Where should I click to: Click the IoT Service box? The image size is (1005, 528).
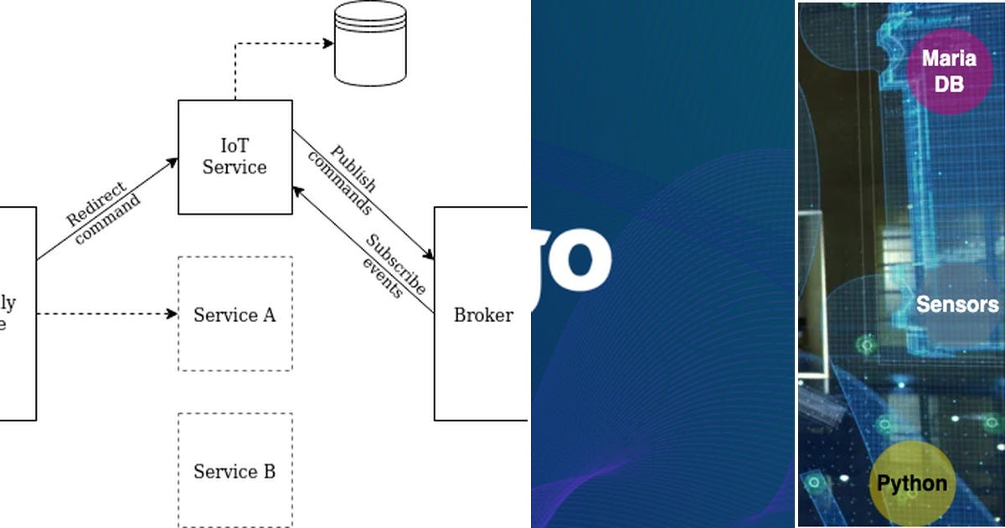click(x=234, y=157)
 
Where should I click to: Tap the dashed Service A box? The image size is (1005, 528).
click(x=234, y=313)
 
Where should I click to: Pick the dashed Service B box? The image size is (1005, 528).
click(x=234, y=470)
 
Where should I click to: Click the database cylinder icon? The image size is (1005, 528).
click(x=369, y=44)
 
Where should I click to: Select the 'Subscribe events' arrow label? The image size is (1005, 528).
click(x=389, y=267)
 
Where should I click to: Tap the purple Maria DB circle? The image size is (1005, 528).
click(x=949, y=71)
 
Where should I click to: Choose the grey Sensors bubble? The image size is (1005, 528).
click(x=957, y=303)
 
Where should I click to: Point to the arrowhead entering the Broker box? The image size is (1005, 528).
click(x=429, y=256)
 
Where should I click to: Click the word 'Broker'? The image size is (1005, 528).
click(x=482, y=315)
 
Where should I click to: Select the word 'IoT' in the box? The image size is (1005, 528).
click(x=234, y=147)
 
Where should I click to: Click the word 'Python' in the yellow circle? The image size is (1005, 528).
click(x=911, y=484)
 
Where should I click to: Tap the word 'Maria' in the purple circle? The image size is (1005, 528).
click(x=949, y=59)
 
